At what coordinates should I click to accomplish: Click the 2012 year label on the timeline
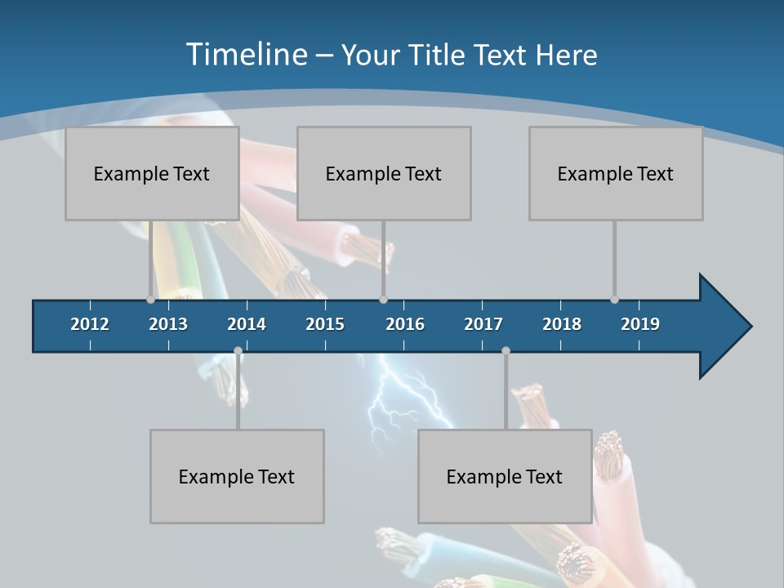90,324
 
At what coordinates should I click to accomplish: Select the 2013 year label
168,324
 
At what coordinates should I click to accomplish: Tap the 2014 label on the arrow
247,324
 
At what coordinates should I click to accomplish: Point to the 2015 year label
325,324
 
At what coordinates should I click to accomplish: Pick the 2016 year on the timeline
405,324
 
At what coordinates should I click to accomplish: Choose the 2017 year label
483,324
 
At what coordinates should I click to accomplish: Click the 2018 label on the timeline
562,324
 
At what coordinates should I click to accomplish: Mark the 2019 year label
640,324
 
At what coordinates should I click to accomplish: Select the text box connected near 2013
152,173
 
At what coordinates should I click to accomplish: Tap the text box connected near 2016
384,173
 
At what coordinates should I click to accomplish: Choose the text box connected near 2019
616,173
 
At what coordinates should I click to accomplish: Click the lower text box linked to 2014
237,476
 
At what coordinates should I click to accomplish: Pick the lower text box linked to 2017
505,476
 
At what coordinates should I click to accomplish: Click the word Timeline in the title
245,55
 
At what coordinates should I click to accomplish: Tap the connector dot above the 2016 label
383,299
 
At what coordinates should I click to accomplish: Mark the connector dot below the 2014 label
238,351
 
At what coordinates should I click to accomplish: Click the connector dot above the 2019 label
614,299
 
